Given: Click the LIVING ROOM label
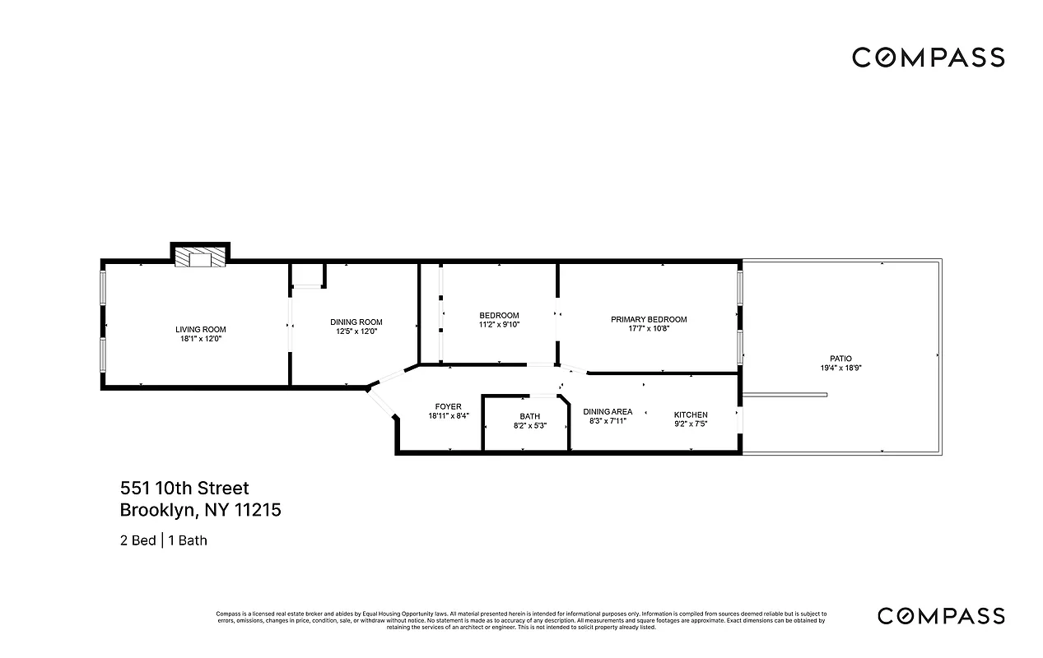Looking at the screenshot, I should [x=200, y=329].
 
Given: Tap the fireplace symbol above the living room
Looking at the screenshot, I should [x=199, y=257].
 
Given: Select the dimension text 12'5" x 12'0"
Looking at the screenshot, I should [x=356, y=331].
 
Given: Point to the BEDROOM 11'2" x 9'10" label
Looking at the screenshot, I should [x=499, y=320].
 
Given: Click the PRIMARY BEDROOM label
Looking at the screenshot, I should [x=648, y=319].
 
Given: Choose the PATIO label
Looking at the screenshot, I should [x=840, y=359].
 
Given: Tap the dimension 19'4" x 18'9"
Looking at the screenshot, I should [x=840, y=368].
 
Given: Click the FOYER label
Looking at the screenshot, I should [x=448, y=406].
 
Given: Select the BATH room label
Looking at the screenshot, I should [x=529, y=416].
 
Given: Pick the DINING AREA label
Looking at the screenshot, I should [x=608, y=411].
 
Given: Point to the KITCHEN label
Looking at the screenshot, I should [x=690, y=415].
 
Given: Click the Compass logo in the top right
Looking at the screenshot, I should [x=928, y=58].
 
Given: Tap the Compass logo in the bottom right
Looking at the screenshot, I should [x=940, y=615].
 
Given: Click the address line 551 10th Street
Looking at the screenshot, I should [x=184, y=489].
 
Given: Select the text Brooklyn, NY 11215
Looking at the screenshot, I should [x=201, y=510].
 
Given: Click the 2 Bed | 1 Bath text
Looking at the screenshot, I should [x=163, y=540].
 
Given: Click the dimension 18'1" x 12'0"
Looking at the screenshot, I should [x=200, y=339].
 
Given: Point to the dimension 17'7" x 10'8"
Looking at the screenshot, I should [x=648, y=328].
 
